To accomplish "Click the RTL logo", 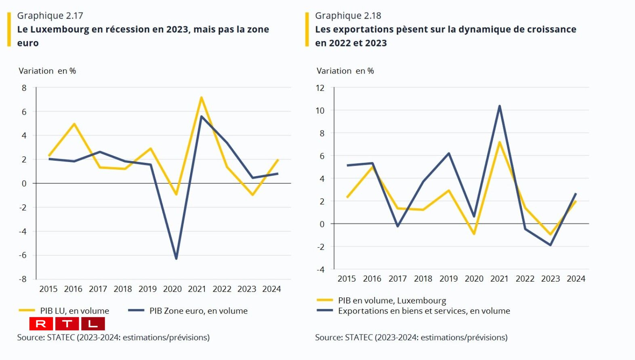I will click(x=67, y=324).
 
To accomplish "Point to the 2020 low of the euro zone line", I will click(x=176, y=258).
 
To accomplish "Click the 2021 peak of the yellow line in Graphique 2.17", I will click(x=201, y=97).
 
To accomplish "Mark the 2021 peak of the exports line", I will click(x=500, y=106).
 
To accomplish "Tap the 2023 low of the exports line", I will click(x=550, y=245).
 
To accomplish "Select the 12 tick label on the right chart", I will click(x=320, y=88).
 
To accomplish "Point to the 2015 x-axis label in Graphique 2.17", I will click(x=48, y=289).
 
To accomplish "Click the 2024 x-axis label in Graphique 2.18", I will click(x=576, y=279).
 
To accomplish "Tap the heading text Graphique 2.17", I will click(x=50, y=16).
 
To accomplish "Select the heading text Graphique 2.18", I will click(x=348, y=16).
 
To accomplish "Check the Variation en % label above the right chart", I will click(x=345, y=71).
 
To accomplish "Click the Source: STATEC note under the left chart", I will click(x=113, y=337).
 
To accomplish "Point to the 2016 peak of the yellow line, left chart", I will click(x=74, y=124).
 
